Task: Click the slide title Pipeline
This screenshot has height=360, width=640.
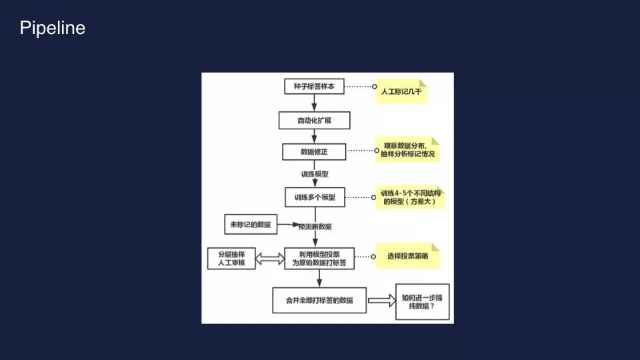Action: pos(53,28)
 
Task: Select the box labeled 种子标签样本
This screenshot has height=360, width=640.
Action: pos(314,87)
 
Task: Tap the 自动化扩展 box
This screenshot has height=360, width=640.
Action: pos(314,120)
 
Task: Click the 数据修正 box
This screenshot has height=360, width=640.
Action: pos(314,153)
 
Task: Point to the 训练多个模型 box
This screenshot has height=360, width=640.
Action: pos(314,197)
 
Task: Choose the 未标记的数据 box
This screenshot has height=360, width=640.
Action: pos(251,225)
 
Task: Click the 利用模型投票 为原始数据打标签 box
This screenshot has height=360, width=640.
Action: pos(319,259)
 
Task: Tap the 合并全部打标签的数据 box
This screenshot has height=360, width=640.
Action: pos(319,299)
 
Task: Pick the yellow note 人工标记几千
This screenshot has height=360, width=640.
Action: pos(401,92)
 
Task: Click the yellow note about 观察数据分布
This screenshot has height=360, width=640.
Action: pos(408,150)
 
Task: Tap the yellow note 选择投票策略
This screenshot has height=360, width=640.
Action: pos(407,257)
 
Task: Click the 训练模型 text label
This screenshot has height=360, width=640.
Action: pos(314,173)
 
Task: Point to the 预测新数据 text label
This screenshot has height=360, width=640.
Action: pos(315,227)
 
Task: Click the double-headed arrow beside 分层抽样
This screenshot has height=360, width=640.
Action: pos(270,259)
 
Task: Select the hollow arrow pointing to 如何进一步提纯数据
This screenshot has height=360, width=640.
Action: pos(381,301)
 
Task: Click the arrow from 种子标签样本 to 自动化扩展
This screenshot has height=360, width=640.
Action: pos(314,103)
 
